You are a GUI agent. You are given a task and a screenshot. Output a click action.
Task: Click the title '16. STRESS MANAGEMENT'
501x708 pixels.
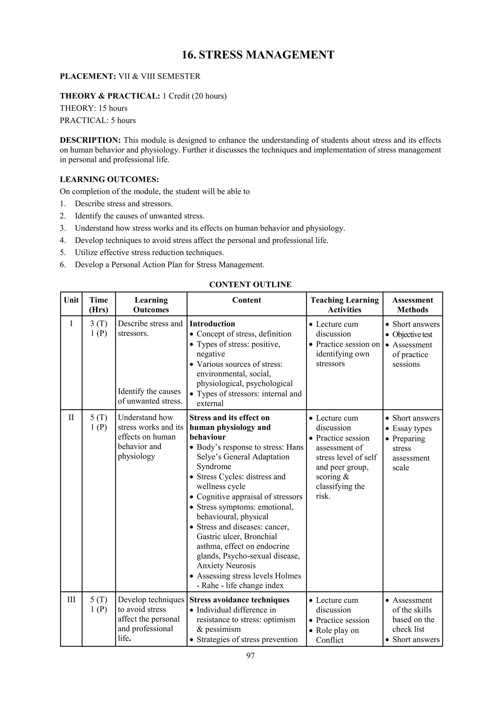tap(258, 55)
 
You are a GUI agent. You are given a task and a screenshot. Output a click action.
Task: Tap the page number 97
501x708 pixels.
tap(250, 655)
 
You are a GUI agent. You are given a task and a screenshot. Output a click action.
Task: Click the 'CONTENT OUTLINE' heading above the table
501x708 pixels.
tap(250, 284)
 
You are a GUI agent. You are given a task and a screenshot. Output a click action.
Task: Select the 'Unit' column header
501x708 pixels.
tap(71, 300)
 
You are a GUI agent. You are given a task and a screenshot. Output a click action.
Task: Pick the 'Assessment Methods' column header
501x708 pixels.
tap(412, 305)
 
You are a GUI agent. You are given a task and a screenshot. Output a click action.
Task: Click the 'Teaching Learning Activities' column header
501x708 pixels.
tap(344, 305)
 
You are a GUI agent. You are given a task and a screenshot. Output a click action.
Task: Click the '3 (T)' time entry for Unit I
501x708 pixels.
tap(99, 323)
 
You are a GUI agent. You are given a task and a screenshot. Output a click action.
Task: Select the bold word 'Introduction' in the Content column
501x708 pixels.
tap(212, 324)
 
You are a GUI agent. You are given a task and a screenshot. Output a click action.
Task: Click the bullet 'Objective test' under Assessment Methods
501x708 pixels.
tap(412, 334)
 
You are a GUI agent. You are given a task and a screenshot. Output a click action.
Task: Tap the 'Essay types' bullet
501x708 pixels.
tap(412, 428)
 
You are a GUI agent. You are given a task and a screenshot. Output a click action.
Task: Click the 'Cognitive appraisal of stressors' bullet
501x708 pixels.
tap(250, 497)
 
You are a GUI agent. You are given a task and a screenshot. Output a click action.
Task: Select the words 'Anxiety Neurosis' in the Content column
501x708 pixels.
tap(226, 566)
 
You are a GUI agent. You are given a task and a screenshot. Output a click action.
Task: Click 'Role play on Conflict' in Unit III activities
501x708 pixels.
tap(337, 635)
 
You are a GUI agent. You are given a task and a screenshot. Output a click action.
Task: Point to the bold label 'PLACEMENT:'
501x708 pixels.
tap(88, 76)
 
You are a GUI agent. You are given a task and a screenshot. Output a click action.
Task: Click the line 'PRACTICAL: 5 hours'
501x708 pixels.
tap(98, 120)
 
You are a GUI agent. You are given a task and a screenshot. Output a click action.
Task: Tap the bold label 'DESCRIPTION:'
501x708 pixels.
tap(90, 140)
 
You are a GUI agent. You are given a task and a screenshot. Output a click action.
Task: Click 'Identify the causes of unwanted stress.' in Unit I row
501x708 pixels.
tap(150, 396)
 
